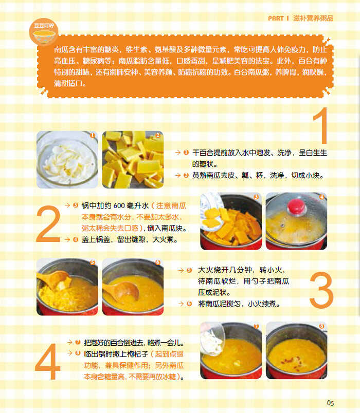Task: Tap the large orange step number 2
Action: [48, 224]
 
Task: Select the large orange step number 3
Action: [321, 290]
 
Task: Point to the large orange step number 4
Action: [48, 362]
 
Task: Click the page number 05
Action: [331, 403]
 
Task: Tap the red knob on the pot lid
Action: [297, 206]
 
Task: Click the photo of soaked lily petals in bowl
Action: [67, 160]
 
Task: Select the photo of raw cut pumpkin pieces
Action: [133, 160]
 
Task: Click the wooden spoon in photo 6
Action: [122, 291]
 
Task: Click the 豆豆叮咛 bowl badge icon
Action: [44, 32]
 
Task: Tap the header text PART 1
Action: [279, 18]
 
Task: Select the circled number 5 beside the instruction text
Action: [189, 270]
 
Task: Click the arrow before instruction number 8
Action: [69, 353]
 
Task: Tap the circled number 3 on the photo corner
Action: [256, 197]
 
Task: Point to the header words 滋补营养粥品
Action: [313, 18]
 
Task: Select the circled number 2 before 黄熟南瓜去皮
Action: [186, 175]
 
